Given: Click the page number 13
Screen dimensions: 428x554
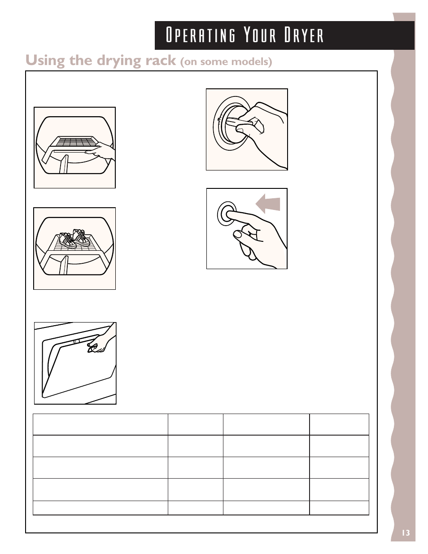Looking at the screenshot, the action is pos(406,533).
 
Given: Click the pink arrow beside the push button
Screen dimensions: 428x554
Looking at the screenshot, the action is pos(268,204).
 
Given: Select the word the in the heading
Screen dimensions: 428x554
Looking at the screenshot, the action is pos(81,61).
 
